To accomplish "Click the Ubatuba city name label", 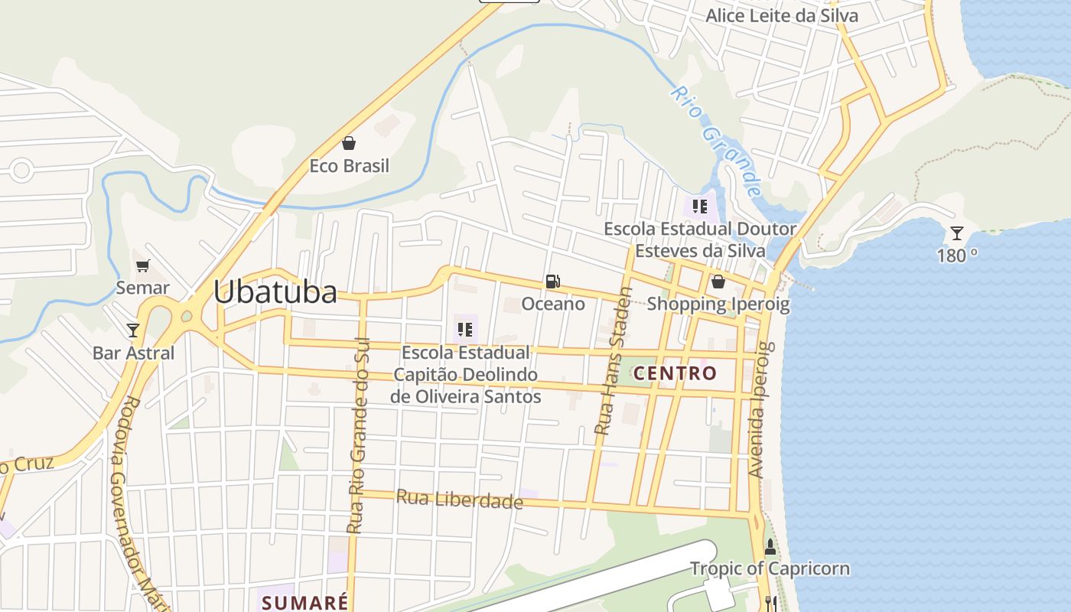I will pos(275,292).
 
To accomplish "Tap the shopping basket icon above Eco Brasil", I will pos(349,143).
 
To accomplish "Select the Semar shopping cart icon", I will pos(143,265).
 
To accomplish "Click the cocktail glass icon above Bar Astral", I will pos(133,330).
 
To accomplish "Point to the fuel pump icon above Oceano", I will pos(552,282).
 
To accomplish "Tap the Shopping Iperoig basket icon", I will pos(718,282).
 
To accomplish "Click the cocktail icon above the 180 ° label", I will pos(956,233).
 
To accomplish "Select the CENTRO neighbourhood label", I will pos(675,373).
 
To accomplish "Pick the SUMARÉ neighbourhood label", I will pos(304,602).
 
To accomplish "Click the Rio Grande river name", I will pos(716,141).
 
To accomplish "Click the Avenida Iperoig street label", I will pos(758,410).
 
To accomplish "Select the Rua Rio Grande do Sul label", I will pos(358,435).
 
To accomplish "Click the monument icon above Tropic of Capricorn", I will pos(770,548).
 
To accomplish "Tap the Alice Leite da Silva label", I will pos(781,15).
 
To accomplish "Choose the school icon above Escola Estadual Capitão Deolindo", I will pos(464,330).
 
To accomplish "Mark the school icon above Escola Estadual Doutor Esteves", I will pos(699,206).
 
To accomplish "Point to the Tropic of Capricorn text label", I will pos(770,568).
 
